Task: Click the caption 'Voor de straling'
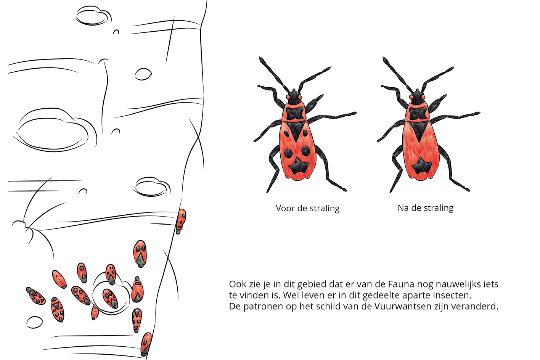[x=308, y=208]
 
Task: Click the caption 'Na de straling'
[x=426, y=208]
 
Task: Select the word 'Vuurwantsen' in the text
[x=403, y=307]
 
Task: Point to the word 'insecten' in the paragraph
[x=450, y=296]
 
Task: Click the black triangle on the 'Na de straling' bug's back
[x=420, y=132]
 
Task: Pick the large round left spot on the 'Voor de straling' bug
[x=288, y=153]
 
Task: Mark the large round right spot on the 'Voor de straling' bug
[x=306, y=151]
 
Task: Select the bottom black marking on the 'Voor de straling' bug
[x=299, y=166]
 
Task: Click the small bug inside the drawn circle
[x=111, y=299]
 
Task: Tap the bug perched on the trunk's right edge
[x=180, y=221]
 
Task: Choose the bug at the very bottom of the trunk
[x=146, y=344]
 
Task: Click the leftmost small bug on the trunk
[x=35, y=296]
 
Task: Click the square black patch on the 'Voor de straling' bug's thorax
[x=295, y=113]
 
